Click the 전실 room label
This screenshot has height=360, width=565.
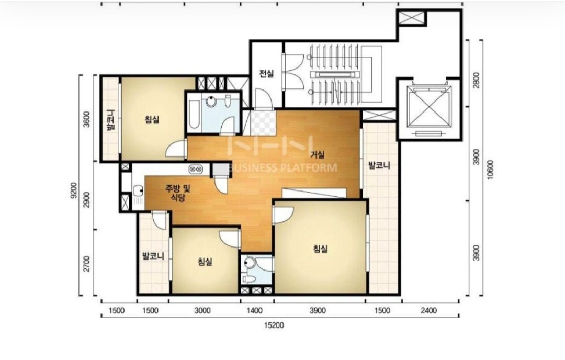point(266,73)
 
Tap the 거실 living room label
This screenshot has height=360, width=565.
point(318,154)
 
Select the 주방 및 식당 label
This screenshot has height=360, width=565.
point(178,193)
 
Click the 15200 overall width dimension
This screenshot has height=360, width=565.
point(274,325)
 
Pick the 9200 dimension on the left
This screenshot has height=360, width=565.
point(73,190)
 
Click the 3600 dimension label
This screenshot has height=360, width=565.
point(86,119)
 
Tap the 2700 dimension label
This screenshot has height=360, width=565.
point(86,264)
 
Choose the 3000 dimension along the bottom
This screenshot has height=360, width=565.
point(202,310)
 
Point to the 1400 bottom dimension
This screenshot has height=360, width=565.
point(254,310)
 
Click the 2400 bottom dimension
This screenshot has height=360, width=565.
point(428,310)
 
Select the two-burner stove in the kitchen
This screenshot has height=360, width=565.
point(196,168)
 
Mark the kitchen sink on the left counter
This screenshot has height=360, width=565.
point(138,191)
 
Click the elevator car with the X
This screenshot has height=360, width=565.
point(428,109)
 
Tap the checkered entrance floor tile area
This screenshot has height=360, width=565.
point(263,123)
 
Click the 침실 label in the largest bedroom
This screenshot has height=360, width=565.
point(320,249)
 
